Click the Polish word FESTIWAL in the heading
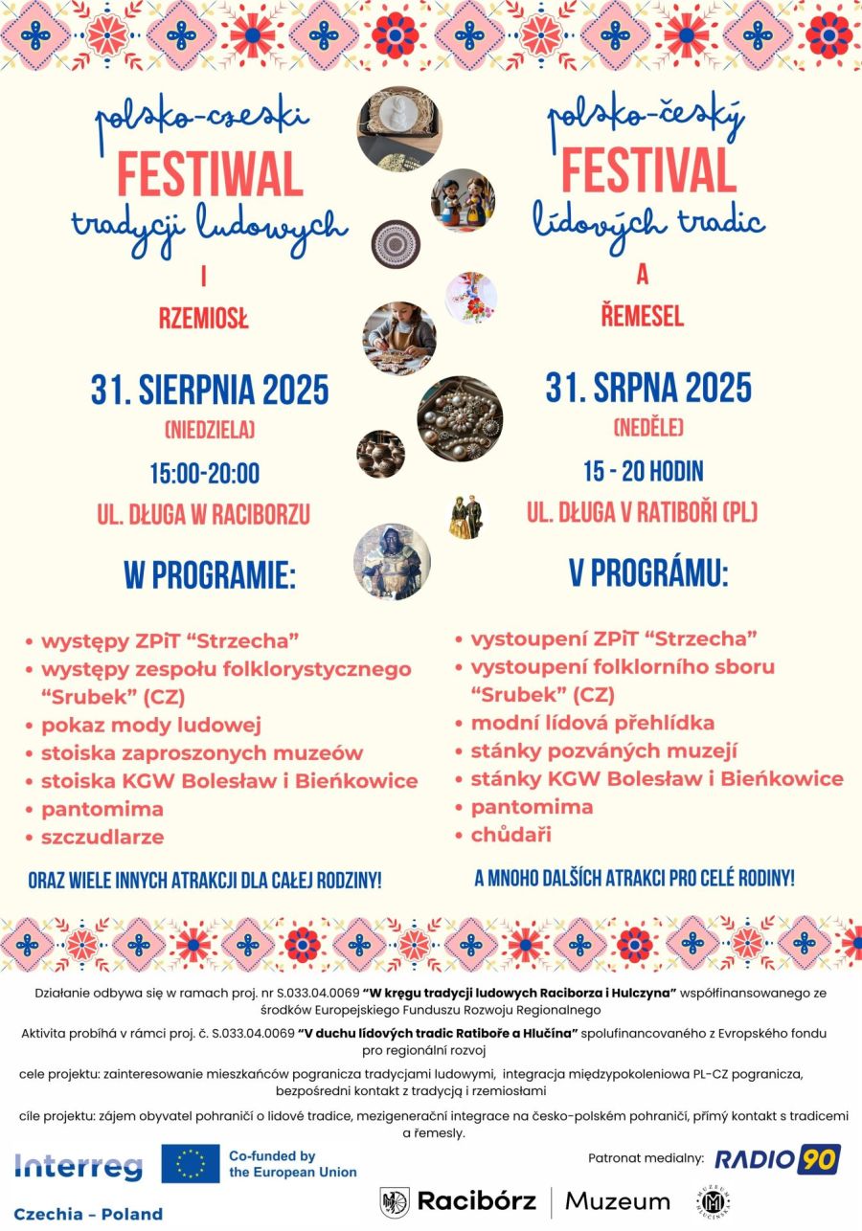[210, 174]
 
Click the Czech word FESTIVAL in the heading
[648, 171]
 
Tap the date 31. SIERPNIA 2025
[210, 391]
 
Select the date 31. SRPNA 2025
[648, 389]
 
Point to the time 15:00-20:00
[204, 473]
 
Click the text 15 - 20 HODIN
[644, 471]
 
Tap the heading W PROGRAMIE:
[210, 576]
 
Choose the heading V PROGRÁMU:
[648, 572]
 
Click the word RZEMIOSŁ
[203, 319]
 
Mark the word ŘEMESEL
[643, 316]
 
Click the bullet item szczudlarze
[102, 837]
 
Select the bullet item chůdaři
[510, 835]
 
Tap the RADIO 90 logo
[778, 1159]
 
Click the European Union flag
[191, 1164]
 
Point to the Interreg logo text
[79, 1166]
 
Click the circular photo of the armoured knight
[393, 562]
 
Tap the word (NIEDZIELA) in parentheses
[210, 431]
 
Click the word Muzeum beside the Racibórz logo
[618, 1200]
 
